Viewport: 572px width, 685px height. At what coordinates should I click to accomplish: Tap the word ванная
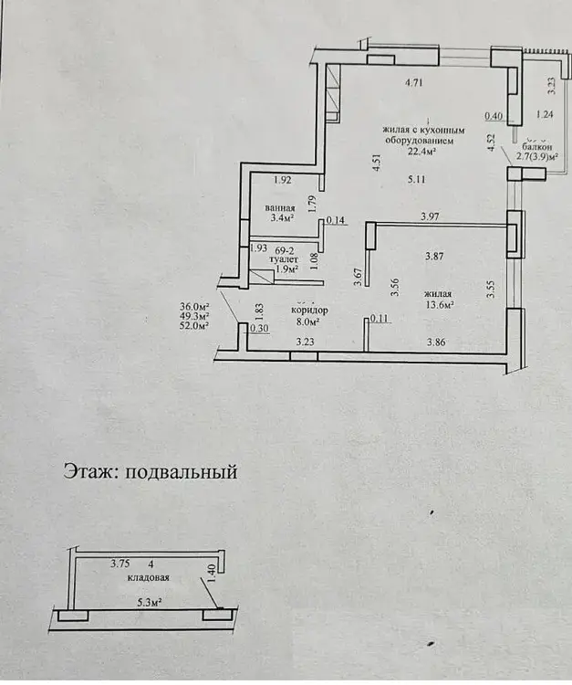point(281,208)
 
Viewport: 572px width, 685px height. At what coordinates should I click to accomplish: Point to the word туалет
point(272,259)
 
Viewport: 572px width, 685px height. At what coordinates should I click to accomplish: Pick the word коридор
point(309,310)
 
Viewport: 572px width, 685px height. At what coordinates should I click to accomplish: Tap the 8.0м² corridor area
point(310,321)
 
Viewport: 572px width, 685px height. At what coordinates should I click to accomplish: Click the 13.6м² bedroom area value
point(440,305)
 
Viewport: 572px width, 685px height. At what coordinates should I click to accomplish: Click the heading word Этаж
point(88,472)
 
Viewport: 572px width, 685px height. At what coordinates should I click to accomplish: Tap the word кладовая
point(147,578)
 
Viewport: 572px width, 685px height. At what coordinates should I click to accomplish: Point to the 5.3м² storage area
point(150,602)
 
